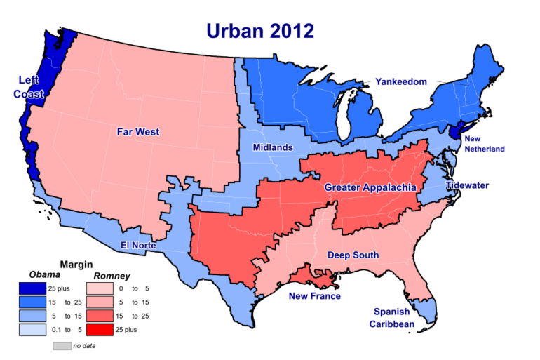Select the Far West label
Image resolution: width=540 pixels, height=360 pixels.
pyautogui.click(x=137, y=131)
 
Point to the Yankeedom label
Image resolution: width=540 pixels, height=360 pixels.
pyautogui.click(x=400, y=82)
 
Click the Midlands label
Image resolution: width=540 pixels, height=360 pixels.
pyautogui.click(x=272, y=148)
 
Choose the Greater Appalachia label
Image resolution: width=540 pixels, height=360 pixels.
pyautogui.click(x=370, y=187)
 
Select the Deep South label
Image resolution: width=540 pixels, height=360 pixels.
pyautogui.click(x=353, y=255)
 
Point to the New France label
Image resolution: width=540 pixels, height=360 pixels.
pyautogui.click(x=315, y=296)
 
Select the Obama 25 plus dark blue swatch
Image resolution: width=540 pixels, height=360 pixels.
pyautogui.click(x=32, y=288)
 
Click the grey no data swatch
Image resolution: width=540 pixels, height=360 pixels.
pyautogui.click(x=61, y=346)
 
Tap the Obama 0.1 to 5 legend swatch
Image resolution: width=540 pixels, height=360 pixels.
pyautogui.click(x=32, y=328)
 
